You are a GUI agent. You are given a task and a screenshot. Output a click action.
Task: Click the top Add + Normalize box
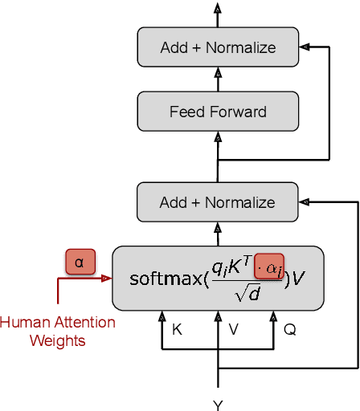pos(218,47)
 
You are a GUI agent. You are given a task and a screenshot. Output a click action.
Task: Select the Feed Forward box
pos(218,112)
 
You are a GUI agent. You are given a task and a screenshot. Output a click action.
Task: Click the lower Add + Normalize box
pos(218,202)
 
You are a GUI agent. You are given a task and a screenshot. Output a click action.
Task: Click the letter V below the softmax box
pos(234,328)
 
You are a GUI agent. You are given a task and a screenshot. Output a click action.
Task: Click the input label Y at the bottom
pos(218,404)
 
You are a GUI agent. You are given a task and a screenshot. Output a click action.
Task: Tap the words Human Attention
pos(57,323)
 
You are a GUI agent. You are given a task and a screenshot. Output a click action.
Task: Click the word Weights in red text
pos(57,340)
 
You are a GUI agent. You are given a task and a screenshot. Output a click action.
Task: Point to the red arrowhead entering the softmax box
pos(106,279)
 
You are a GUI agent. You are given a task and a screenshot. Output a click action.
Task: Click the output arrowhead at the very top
pos(218,7)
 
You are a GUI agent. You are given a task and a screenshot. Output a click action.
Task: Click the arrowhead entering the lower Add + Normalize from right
pos(304,202)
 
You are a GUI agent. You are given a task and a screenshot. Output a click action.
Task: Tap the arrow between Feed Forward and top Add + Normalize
pos(218,78)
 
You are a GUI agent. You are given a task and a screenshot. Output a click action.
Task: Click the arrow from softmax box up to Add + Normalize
pos(218,234)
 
